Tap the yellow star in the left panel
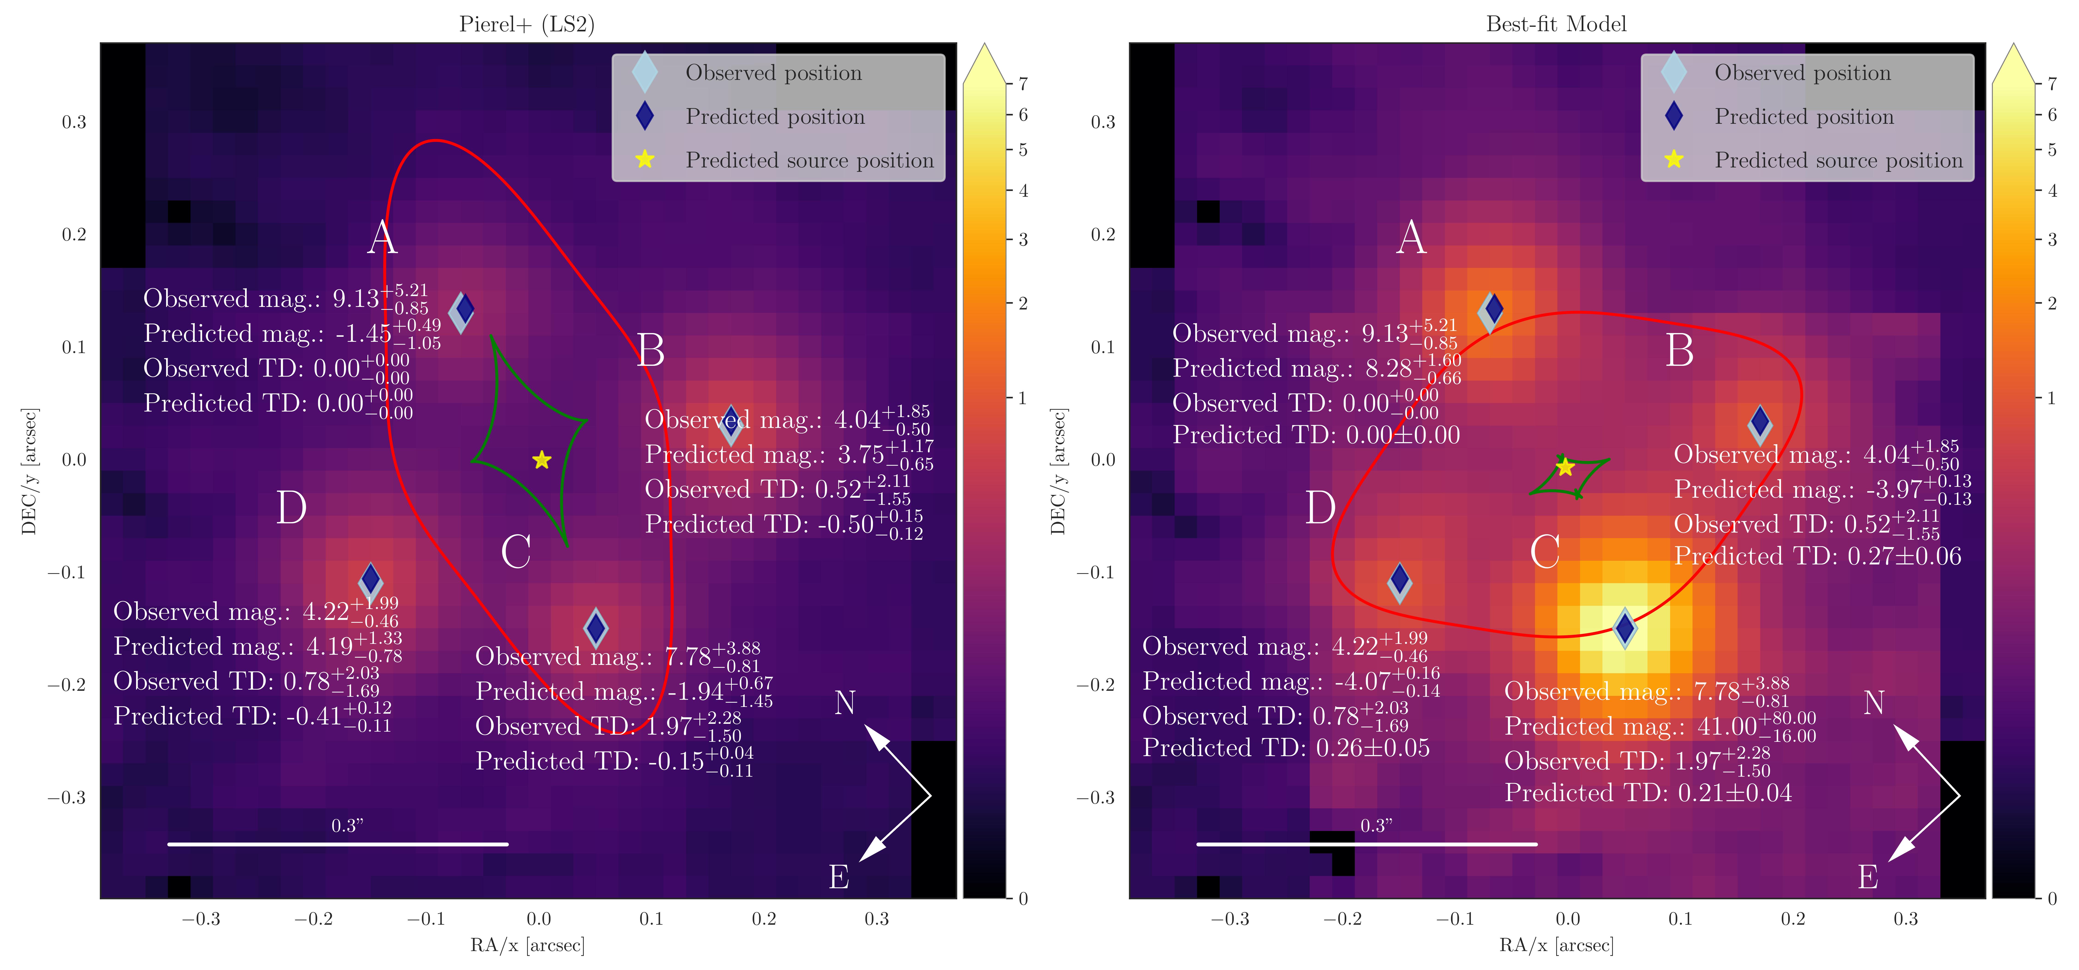pos(541,460)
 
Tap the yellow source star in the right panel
pos(1565,467)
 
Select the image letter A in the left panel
pos(383,238)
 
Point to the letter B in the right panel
pos(1680,351)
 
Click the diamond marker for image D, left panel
pos(371,580)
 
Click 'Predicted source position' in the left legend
pos(809,161)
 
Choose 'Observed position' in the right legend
pos(1802,73)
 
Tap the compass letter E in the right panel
pos(1868,877)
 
